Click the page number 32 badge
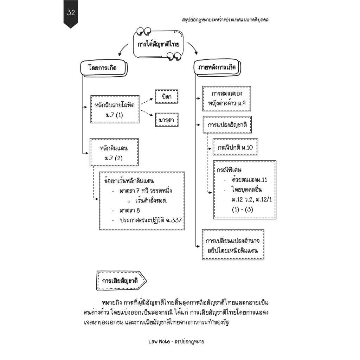[x=71, y=14]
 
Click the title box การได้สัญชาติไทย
[x=159, y=44]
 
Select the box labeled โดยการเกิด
[x=104, y=68]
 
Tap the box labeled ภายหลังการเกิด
[x=217, y=67]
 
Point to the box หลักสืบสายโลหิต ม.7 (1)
[x=115, y=109]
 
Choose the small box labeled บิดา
[x=166, y=97]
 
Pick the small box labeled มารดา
[x=167, y=120]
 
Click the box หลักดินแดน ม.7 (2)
[x=114, y=152]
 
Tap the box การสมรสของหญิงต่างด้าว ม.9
[x=226, y=99]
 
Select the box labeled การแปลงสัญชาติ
[x=227, y=125]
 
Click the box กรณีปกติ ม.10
[x=235, y=147]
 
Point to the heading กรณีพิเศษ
[x=229, y=170]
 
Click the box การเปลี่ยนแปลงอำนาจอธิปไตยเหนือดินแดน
[x=233, y=245]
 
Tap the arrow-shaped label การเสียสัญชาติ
[x=121, y=281]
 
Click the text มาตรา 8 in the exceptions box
[x=130, y=211]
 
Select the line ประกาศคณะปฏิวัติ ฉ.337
[x=150, y=220]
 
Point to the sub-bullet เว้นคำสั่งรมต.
[x=151, y=201]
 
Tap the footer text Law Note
[x=159, y=341]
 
